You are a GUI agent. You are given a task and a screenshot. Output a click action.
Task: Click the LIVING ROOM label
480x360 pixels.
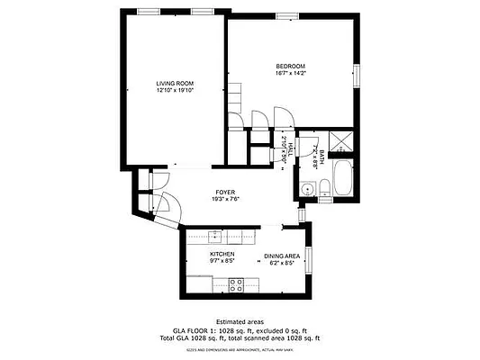[x=175, y=83]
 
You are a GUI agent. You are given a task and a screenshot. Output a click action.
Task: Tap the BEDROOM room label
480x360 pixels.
[x=291, y=67]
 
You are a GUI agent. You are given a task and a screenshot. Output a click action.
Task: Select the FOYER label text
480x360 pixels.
[x=225, y=193]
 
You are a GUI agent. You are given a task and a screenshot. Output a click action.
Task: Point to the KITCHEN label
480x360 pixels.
[x=222, y=255]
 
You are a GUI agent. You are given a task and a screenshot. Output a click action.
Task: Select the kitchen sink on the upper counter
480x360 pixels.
[x=216, y=236]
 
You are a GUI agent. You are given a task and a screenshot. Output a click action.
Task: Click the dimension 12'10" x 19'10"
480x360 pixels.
[x=175, y=90]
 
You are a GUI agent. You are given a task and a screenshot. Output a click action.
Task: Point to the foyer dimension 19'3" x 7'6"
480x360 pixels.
[x=225, y=200]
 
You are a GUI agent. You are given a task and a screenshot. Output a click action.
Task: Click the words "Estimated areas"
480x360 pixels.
[x=240, y=321]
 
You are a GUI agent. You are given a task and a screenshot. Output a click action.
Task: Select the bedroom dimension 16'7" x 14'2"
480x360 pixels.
[x=291, y=74]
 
